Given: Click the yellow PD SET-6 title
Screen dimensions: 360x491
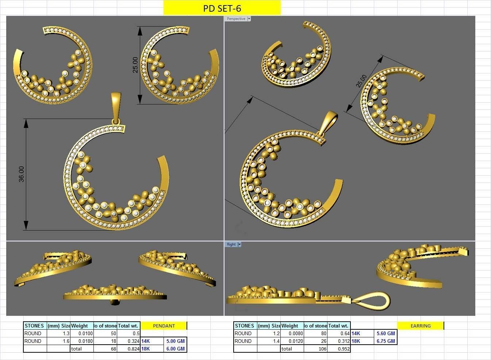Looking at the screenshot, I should pyautogui.click(x=222, y=8).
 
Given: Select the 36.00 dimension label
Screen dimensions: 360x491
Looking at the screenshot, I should pyautogui.click(x=21, y=174).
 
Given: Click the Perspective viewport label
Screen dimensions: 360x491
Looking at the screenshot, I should pyautogui.click(x=236, y=19).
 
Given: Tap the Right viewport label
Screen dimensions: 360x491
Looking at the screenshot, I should pyautogui.click(x=231, y=244).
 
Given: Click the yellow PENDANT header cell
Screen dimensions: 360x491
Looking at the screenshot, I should pyautogui.click(x=164, y=326).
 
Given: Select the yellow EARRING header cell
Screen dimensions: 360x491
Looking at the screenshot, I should pyautogui.click(x=421, y=326).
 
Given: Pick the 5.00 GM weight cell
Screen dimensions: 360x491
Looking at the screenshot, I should pyautogui.click(x=175, y=341).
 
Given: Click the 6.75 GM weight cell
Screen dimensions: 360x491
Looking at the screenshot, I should pyautogui.click(x=385, y=341).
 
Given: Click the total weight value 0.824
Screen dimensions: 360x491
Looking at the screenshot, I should pyautogui.click(x=133, y=349).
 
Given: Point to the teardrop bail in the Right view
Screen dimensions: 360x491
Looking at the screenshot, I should pyautogui.click(x=371, y=299).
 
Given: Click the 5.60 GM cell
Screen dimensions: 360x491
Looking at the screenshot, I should pyautogui.click(x=385, y=333).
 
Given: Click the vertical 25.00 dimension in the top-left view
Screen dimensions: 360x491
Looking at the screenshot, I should pyautogui.click(x=135, y=65).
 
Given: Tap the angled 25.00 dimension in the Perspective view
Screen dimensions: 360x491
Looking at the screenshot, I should pyautogui.click(x=362, y=81).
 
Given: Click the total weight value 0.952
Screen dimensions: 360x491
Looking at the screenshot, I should pyautogui.click(x=343, y=349).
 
